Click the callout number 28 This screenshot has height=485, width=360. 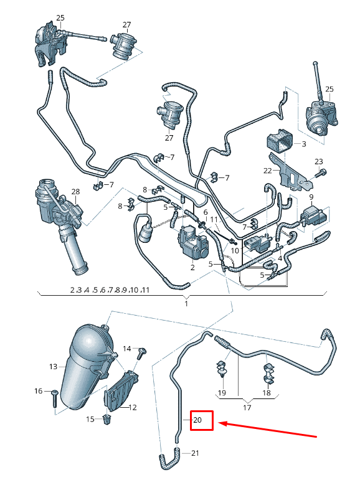pyautogui.click(x=75, y=191)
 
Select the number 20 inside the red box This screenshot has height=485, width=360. pyautogui.click(x=197, y=420)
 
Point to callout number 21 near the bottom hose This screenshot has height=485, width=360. pyautogui.click(x=195, y=453)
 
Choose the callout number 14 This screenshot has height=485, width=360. pyautogui.click(x=127, y=348)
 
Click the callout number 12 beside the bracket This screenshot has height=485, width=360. pyautogui.click(x=133, y=408)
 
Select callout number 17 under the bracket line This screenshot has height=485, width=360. pyautogui.click(x=247, y=408)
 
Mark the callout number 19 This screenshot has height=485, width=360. pyautogui.click(x=221, y=393)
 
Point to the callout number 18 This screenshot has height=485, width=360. pyautogui.click(x=267, y=393)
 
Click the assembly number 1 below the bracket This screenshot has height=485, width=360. pyautogui.click(x=186, y=303)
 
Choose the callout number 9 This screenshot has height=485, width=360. pyautogui.click(x=310, y=197)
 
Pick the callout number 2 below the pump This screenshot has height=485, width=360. pyautogui.click(x=192, y=267)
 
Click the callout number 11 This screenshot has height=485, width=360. pyautogui.click(x=214, y=220)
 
